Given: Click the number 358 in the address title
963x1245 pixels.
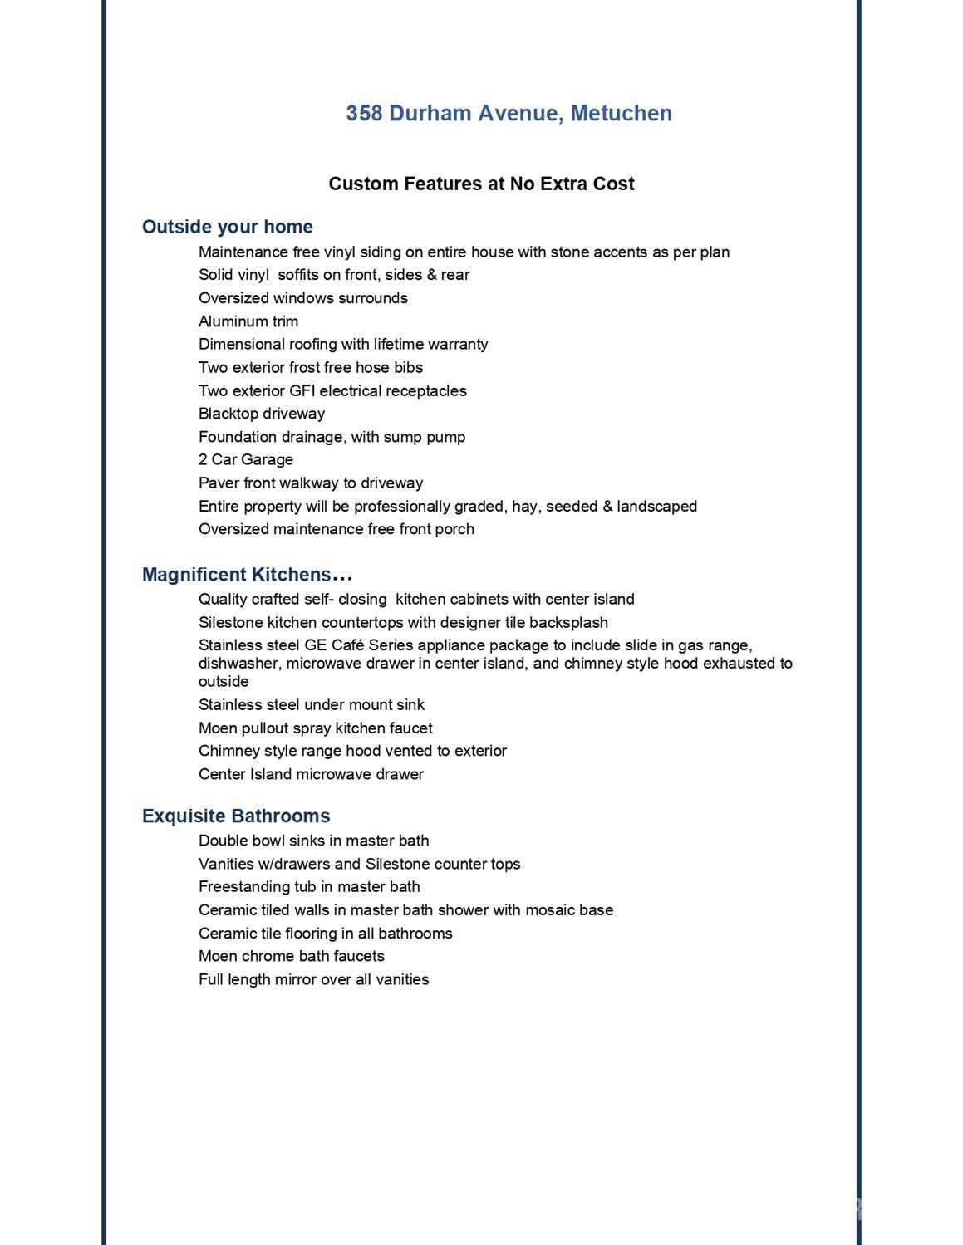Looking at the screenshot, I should [x=364, y=113].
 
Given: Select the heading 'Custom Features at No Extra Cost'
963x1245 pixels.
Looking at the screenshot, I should [x=481, y=184].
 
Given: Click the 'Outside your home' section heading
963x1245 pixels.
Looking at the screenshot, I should [x=227, y=227].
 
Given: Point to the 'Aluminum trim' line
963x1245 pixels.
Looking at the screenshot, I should [x=248, y=321].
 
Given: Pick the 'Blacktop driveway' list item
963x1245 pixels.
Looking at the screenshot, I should [x=261, y=414].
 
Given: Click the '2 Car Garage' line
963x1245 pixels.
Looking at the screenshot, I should [x=245, y=459].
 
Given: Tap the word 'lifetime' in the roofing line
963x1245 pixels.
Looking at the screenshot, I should [x=398, y=344].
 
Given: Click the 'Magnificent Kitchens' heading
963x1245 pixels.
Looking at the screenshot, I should [x=236, y=575].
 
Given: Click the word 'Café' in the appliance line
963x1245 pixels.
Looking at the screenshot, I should [x=347, y=645].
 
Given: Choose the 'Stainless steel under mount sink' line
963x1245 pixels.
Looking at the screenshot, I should [x=311, y=705].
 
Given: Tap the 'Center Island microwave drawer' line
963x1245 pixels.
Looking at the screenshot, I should [x=311, y=774].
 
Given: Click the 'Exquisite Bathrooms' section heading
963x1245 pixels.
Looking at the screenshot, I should [x=236, y=816].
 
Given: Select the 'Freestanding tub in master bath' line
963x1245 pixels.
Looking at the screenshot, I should [x=309, y=887].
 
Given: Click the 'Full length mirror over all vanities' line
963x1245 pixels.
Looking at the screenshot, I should [x=313, y=979].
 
